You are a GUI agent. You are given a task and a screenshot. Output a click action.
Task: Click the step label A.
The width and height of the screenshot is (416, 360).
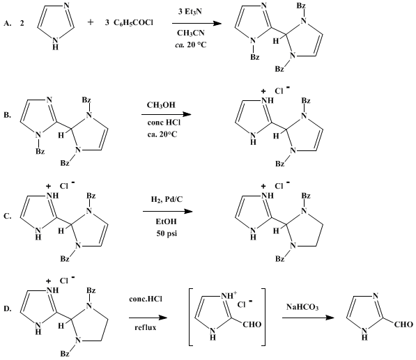(7, 24)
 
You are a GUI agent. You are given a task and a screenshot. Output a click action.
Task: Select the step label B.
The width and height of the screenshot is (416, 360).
(7, 116)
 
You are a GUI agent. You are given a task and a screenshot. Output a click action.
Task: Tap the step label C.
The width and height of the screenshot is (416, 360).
(7, 216)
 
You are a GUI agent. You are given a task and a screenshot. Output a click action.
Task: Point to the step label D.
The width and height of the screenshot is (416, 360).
(7, 309)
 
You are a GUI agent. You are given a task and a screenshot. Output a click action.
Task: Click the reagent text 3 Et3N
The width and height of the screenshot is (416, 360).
(190, 13)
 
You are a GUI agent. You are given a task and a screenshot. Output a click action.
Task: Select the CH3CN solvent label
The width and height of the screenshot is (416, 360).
(191, 33)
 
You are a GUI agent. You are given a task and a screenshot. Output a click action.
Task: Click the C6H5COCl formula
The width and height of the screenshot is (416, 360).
(133, 24)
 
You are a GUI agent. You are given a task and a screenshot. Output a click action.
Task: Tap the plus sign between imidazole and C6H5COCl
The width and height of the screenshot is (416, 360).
(91, 22)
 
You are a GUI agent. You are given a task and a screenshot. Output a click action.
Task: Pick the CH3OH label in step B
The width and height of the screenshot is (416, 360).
(161, 105)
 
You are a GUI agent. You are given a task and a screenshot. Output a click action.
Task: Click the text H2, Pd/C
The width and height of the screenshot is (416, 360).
(167, 199)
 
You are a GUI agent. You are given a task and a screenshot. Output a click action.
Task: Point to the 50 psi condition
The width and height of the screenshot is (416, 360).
(167, 233)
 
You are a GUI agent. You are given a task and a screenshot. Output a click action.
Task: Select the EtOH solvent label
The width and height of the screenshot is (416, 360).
(166, 221)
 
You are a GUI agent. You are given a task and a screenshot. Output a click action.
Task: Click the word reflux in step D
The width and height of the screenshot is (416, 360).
(146, 328)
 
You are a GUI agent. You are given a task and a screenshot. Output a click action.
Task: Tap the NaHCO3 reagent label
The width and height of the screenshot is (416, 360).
(302, 307)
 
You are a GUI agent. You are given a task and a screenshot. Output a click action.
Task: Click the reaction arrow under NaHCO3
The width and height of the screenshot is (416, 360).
(308, 318)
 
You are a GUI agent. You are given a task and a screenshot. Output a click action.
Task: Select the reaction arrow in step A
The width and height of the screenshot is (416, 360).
(197, 24)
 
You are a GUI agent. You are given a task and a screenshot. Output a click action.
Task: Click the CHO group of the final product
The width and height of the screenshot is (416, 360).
(403, 324)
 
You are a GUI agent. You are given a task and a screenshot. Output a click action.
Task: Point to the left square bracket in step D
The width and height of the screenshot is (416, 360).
(190, 317)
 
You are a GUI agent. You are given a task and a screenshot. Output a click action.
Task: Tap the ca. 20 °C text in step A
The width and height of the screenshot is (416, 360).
(190, 45)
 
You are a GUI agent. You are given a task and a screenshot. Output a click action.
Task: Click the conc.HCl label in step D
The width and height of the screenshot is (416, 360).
(146, 299)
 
